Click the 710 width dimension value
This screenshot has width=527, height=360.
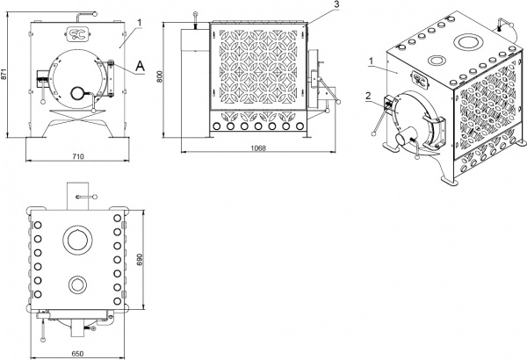coord(77,156)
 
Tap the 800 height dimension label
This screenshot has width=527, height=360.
coord(159,76)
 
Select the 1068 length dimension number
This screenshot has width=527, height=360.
coord(258,148)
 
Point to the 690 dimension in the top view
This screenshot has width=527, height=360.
coord(140,260)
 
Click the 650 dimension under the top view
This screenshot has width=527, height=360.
coord(77,354)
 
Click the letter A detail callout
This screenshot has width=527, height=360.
coord(140,67)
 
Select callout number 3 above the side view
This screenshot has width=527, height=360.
coord(336,4)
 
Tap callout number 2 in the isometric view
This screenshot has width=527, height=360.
coord(368,96)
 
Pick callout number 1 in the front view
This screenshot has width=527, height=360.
coord(140,23)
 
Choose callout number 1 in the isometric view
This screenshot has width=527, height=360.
coord(371,61)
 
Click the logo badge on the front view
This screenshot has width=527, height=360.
coord(77,33)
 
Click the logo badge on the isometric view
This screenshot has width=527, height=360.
coord(420,80)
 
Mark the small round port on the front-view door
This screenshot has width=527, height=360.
coord(77,93)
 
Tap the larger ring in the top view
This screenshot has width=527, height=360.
coord(77,240)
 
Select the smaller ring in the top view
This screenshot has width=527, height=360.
coord(77,284)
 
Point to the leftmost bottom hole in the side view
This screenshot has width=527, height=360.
coord(216,126)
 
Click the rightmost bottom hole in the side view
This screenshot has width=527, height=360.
coord(300,126)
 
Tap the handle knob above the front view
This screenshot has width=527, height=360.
coord(95,14)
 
